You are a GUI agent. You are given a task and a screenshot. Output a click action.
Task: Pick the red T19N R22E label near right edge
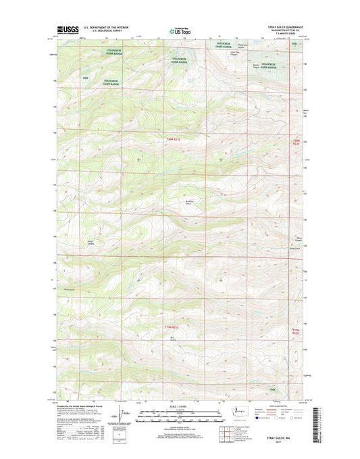click(294, 331)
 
